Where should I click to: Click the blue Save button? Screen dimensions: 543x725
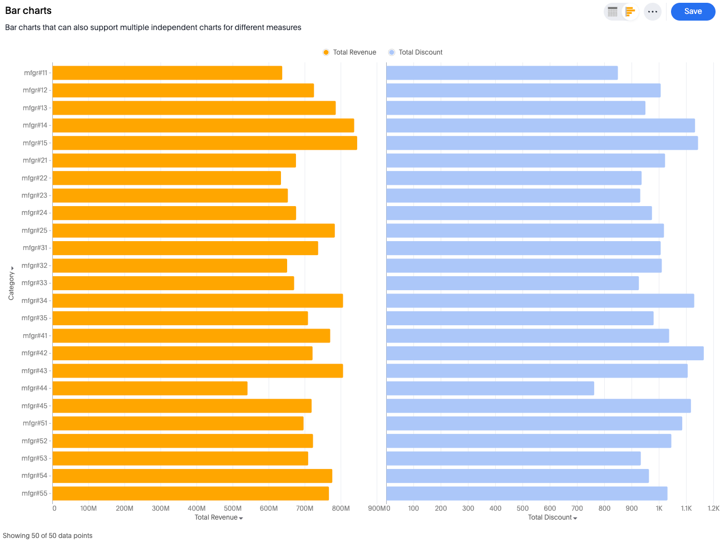click(693, 12)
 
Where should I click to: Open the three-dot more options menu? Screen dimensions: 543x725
click(652, 12)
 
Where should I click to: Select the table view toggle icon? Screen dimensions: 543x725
click(613, 12)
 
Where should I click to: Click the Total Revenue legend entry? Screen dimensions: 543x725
click(349, 52)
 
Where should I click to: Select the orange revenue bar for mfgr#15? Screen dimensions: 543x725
click(205, 143)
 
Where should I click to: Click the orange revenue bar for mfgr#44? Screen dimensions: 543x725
click(150, 388)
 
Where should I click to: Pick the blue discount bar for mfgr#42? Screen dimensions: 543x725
click(545, 353)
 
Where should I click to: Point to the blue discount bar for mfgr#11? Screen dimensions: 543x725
click(502, 73)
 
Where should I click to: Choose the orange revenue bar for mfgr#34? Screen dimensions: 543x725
click(198, 301)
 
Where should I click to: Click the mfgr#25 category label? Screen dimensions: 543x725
click(34, 231)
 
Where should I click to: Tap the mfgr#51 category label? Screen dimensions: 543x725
click(35, 423)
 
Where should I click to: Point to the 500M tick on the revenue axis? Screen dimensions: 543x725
click(233, 508)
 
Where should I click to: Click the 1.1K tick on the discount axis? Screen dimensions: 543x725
click(686, 508)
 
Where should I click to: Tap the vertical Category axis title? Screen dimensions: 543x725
click(11, 285)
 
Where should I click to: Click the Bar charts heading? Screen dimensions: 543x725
click(28, 11)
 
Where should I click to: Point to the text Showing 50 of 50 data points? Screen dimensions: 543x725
click(48, 536)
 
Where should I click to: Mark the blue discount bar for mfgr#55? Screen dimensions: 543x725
click(526, 493)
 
